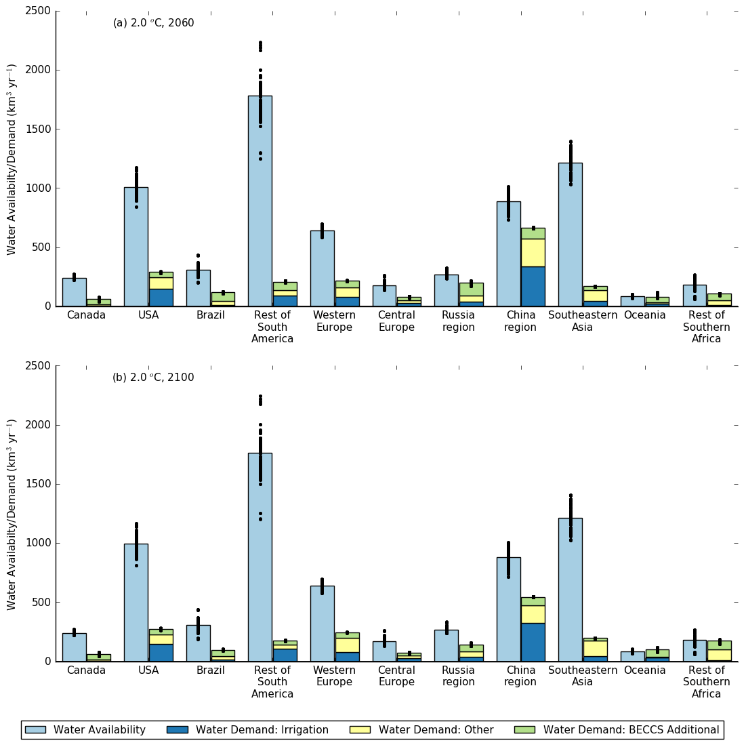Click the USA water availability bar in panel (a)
point(136,247)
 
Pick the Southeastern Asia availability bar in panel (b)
point(570,590)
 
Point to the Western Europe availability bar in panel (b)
point(322,624)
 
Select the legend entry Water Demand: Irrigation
point(262,730)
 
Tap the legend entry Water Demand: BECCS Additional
point(631,730)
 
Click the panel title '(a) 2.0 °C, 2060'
point(153,23)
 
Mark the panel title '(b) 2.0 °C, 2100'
point(153,378)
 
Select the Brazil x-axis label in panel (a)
point(210,315)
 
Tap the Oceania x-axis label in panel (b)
point(644,670)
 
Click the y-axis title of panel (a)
point(12,159)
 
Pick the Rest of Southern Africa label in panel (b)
point(706,682)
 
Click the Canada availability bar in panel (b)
point(74,647)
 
